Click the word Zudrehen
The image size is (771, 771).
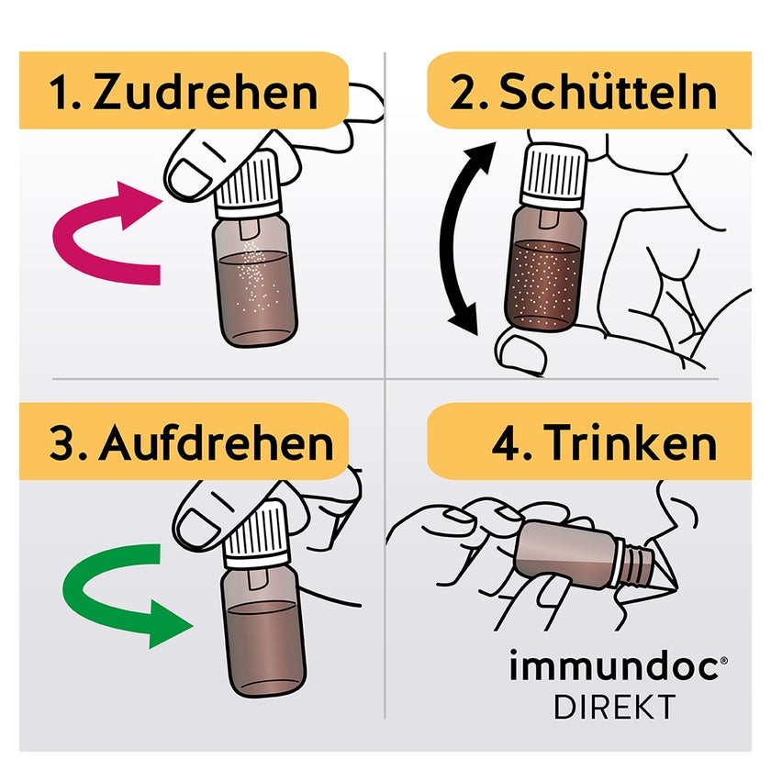(205, 92)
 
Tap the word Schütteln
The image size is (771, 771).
(609, 91)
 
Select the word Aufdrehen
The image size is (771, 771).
(216, 442)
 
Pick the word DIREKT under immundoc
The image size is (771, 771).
(615, 707)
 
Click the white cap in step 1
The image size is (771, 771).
(247, 184)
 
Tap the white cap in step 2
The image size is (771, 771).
(554, 175)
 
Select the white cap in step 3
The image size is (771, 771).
(256, 536)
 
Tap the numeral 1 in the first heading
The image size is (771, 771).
(59, 93)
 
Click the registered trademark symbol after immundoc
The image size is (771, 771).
(723, 662)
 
